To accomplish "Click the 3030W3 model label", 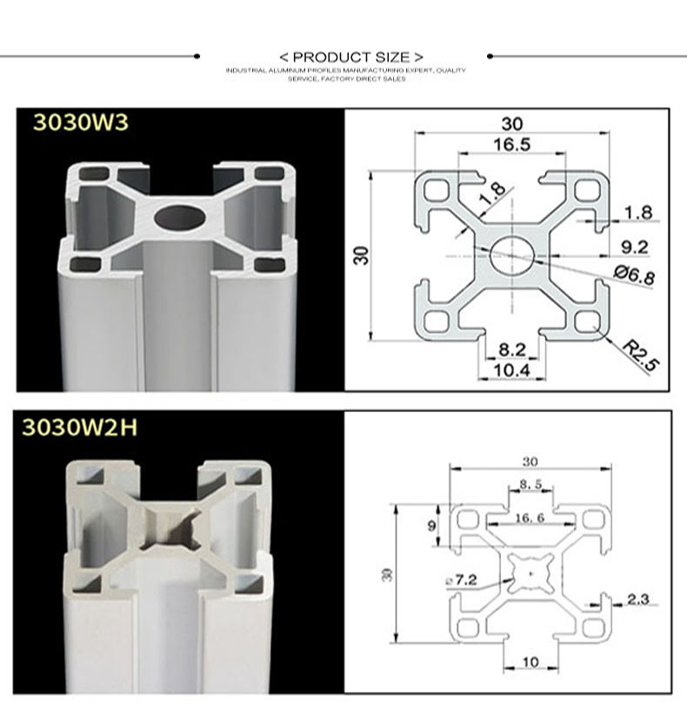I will (x=80, y=123).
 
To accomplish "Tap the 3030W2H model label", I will (x=79, y=427).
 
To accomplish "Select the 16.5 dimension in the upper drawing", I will (x=512, y=145).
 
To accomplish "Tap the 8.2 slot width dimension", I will (x=512, y=350).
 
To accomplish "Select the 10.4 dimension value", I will (x=512, y=371).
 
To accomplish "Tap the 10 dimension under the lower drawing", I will (x=530, y=662).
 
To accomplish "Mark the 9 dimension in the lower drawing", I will (x=433, y=525).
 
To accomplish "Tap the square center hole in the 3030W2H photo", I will (x=171, y=529).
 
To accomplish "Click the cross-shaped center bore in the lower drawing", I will (x=530, y=571).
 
